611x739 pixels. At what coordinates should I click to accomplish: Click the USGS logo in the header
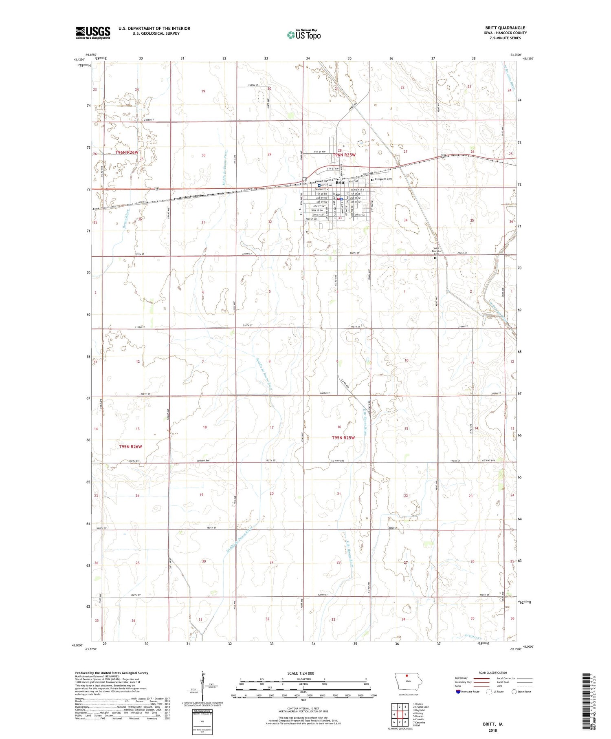coord(93,33)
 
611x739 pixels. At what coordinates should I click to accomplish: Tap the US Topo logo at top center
coord(303,35)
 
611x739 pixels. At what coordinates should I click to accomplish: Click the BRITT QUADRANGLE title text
coord(505,28)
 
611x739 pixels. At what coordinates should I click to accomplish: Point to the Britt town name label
coord(339,183)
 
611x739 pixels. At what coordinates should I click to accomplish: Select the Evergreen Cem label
coord(383,179)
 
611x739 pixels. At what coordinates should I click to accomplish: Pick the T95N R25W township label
coord(343,438)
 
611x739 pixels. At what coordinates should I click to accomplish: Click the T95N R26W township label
coord(130,447)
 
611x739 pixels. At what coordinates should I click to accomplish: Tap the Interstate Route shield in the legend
coord(458,692)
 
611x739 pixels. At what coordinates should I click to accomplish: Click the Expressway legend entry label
coord(461,678)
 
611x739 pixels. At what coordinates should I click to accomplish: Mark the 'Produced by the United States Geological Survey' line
coord(111,673)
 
